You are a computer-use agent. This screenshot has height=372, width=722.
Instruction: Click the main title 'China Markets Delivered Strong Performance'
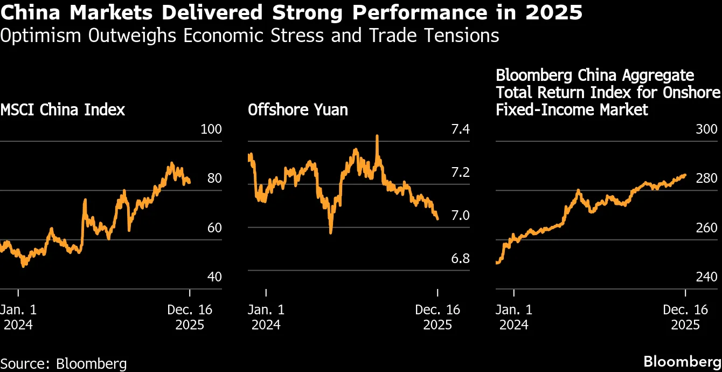pos(291,12)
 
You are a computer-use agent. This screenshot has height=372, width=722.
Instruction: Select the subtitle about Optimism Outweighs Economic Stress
pos(249,36)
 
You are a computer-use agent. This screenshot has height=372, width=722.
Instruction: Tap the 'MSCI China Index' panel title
pos(63,110)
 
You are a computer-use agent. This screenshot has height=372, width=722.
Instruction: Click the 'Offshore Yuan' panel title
pos(297,110)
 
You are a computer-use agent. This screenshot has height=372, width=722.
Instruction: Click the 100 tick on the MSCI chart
pos(211,129)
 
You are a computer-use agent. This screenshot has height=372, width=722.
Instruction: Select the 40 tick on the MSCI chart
pos(214,277)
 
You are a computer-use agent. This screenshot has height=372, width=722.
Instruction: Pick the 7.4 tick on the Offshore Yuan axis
pos(460,129)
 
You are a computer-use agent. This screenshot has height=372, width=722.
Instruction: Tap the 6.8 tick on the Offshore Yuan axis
pos(460,259)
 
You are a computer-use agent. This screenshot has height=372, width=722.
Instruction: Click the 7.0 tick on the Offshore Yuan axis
pos(460,216)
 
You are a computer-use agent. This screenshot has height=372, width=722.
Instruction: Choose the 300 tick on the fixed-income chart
pos(707,129)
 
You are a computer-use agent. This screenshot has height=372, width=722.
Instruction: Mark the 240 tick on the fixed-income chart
pos(707,277)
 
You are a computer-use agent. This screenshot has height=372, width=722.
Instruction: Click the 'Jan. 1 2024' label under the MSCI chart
pos(18,318)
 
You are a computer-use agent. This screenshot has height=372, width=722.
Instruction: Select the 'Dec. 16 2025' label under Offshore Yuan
pos(438,318)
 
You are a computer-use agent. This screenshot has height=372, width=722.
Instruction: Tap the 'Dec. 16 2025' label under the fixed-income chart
pos(685,318)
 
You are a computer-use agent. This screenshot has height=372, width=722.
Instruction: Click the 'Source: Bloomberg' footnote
pos(64,363)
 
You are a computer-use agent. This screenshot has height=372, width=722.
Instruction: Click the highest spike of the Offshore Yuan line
pos(377,136)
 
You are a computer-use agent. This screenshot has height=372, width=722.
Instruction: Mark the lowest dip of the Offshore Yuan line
pos(330,232)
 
